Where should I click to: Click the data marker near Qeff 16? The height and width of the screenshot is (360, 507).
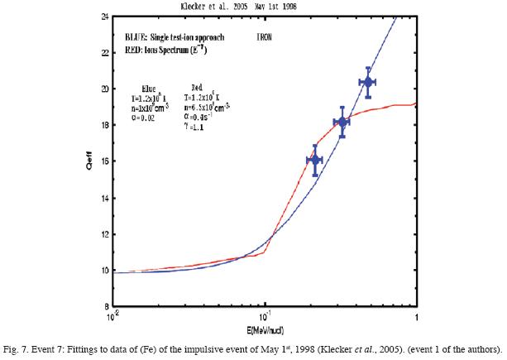(x=314, y=159)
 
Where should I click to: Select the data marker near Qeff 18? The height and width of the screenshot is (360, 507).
(x=342, y=122)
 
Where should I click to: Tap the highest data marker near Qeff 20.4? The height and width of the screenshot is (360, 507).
(x=369, y=82)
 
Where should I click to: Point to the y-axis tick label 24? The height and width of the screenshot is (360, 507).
(x=101, y=16)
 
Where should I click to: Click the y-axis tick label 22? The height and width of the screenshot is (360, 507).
(x=101, y=52)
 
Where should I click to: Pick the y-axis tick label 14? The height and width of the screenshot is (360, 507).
(x=101, y=198)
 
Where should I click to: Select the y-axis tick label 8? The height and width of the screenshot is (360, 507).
(x=103, y=306)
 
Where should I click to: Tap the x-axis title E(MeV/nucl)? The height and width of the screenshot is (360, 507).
(x=265, y=327)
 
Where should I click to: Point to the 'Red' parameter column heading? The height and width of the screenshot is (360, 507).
(x=198, y=87)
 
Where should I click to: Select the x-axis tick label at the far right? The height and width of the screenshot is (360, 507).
(x=415, y=316)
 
